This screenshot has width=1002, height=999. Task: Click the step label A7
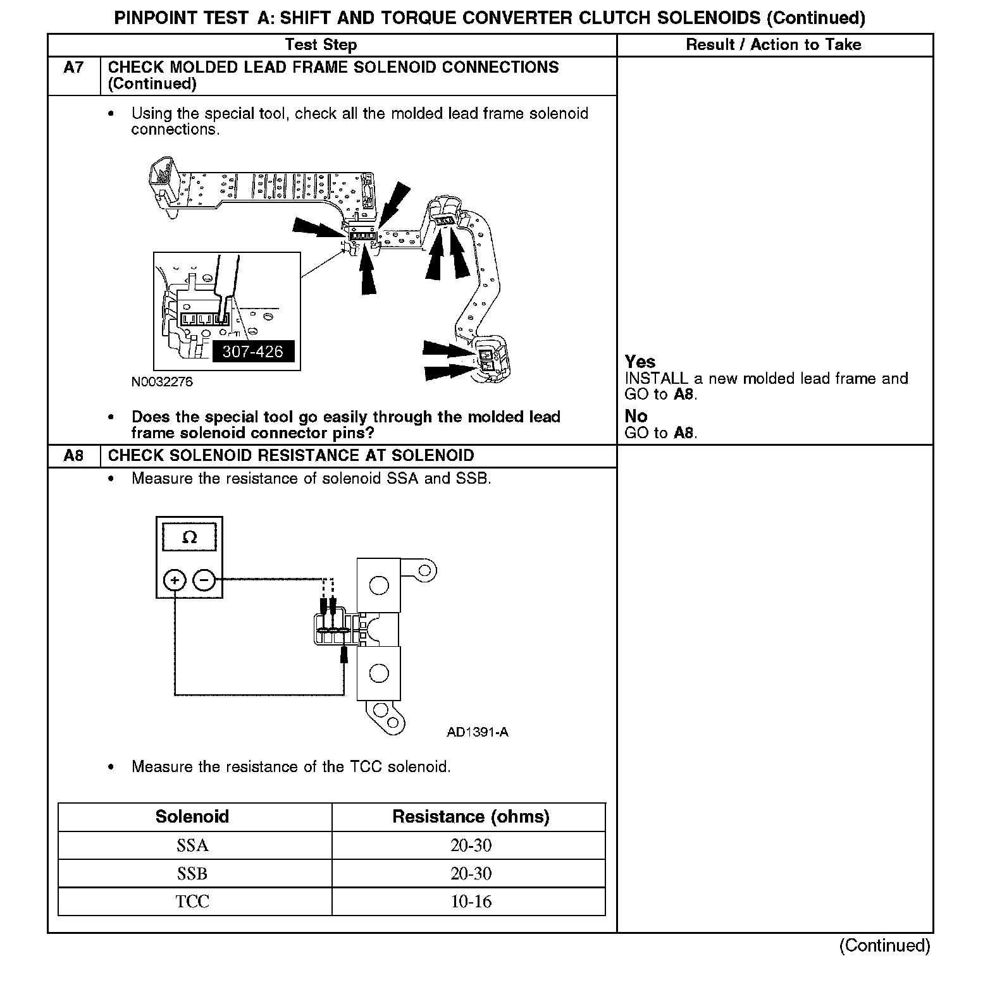click(73, 68)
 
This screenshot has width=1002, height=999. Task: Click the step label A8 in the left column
click(73, 456)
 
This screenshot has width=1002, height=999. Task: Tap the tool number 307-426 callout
click(253, 352)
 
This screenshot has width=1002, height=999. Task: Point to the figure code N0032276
click(162, 382)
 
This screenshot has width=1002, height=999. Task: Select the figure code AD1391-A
click(477, 732)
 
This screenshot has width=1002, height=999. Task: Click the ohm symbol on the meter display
click(189, 537)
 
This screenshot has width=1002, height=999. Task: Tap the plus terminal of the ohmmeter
click(175, 580)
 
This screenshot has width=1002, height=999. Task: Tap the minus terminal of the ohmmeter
click(204, 580)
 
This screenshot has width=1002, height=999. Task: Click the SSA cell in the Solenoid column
click(192, 845)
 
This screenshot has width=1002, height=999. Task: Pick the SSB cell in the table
click(192, 873)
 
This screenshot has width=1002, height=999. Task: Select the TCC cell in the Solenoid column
click(192, 902)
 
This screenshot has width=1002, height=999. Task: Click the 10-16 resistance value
click(471, 902)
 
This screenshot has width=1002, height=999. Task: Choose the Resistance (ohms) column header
click(471, 817)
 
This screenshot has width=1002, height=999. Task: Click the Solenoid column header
click(192, 817)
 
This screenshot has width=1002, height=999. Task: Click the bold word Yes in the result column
click(640, 362)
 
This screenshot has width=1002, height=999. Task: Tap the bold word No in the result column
click(636, 416)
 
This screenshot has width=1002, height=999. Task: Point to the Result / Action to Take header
click(773, 45)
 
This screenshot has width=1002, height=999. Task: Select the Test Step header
click(321, 45)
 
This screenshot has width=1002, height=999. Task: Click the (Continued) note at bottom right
click(884, 945)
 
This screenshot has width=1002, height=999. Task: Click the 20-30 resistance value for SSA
click(471, 845)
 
